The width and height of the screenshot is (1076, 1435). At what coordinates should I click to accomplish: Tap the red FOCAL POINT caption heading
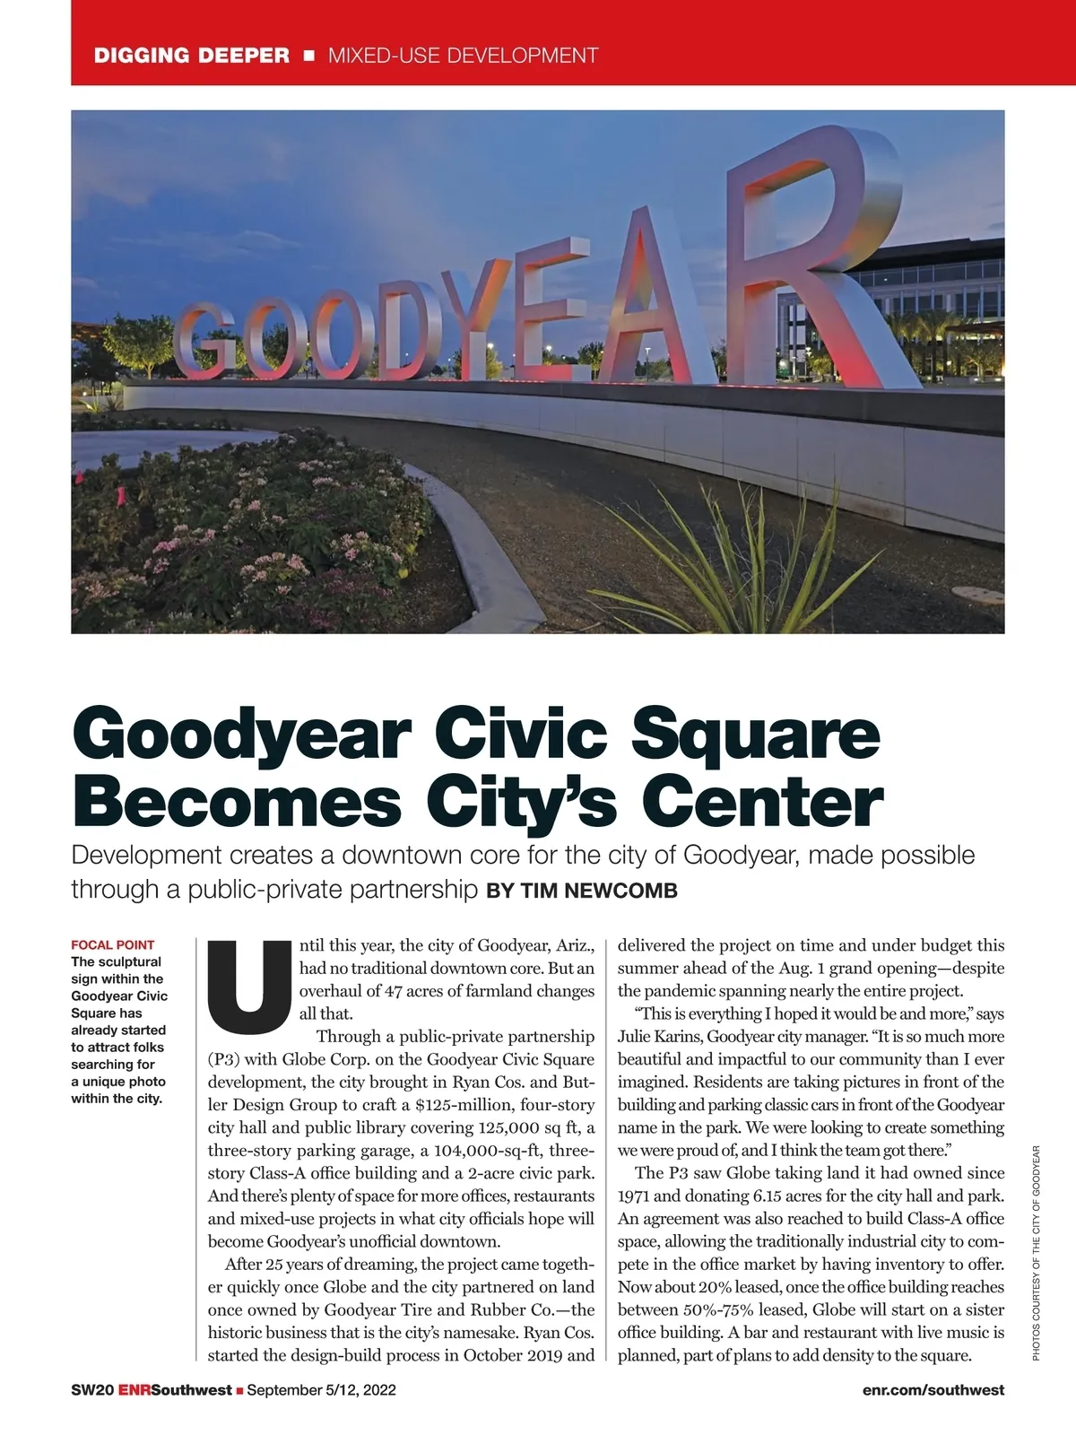tap(112, 944)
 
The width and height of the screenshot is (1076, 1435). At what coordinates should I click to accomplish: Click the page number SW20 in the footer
tap(91, 1390)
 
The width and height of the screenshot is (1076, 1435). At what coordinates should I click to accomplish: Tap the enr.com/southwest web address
tap(933, 1390)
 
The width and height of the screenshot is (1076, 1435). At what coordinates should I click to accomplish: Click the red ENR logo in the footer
tap(134, 1390)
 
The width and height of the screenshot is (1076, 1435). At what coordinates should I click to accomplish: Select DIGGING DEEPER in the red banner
tap(192, 56)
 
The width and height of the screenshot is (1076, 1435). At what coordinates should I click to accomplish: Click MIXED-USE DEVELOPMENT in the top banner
tap(463, 56)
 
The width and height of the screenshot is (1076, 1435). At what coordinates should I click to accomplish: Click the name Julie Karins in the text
tap(659, 1037)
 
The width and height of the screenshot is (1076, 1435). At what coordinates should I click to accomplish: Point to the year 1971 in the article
tap(636, 1196)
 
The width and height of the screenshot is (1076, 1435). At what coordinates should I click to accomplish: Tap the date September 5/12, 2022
tap(321, 1390)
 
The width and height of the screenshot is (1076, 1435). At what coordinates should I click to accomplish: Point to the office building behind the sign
tap(941, 296)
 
